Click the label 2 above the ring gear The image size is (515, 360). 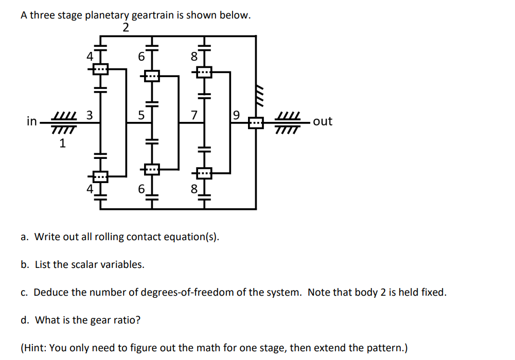[x=126, y=28]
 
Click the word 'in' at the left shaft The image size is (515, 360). [x=32, y=122]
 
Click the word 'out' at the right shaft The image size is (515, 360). [x=323, y=121]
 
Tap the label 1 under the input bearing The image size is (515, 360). [x=63, y=143]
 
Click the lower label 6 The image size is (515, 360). [x=141, y=189]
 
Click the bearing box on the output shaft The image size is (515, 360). [x=256, y=123]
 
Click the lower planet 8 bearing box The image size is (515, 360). [x=204, y=174]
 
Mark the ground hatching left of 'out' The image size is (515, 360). [x=286, y=122]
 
